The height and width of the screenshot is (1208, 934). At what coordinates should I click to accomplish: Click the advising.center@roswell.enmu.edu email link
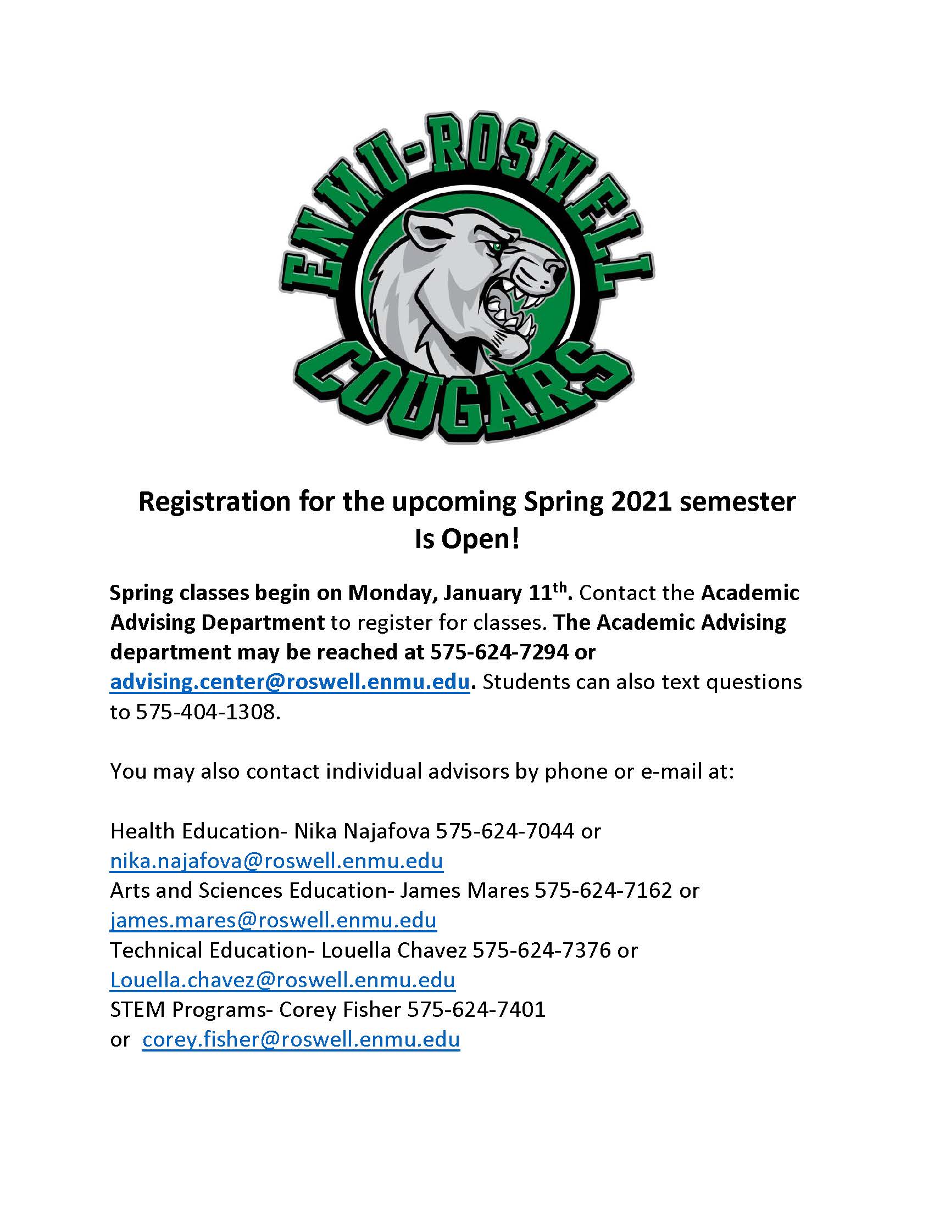[x=290, y=682]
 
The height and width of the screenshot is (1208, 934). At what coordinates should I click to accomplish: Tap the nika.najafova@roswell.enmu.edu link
[x=276, y=861]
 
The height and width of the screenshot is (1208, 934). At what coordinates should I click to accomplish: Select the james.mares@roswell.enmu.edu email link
[x=274, y=921]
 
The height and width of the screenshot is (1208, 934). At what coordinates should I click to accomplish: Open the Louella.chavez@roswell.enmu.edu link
[x=282, y=980]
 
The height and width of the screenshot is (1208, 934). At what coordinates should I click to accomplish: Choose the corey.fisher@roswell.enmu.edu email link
[x=301, y=1039]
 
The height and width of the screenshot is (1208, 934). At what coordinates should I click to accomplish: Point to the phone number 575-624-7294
[x=499, y=652]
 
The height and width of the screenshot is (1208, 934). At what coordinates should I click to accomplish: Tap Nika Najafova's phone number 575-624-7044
[x=505, y=831]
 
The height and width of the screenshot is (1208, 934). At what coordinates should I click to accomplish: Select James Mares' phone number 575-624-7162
[x=603, y=891]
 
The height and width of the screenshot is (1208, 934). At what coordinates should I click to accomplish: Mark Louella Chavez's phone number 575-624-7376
[x=542, y=950]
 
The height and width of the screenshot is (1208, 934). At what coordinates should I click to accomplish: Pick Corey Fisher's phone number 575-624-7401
[x=476, y=1009]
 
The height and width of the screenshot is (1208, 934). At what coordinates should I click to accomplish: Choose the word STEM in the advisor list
[x=137, y=1009]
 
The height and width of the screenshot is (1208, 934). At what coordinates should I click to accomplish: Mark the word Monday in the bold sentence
[x=385, y=593]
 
